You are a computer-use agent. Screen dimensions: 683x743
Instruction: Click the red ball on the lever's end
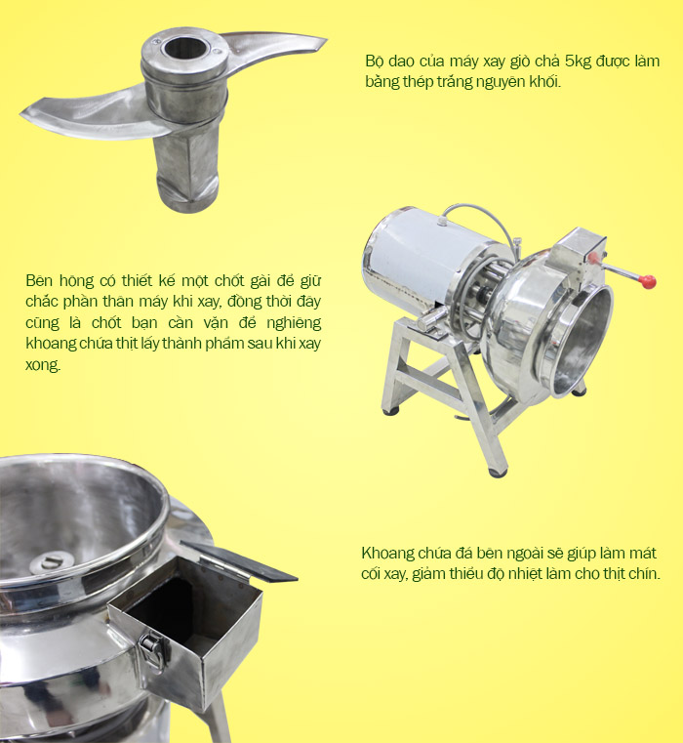click(x=648, y=281)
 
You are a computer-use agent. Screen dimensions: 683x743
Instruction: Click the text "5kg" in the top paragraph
click(x=578, y=62)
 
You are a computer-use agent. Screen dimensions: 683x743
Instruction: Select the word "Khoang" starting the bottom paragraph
click(x=388, y=553)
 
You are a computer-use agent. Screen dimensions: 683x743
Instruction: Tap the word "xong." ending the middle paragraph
click(x=43, y=364)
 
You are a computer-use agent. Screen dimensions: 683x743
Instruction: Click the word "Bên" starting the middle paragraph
click(x=39, y=280)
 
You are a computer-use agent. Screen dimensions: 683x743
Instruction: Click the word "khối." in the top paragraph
click(x=545, y=81)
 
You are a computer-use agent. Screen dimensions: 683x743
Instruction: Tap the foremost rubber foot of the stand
click(x=498, y=473)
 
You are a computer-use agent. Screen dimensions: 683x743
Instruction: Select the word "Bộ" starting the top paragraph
click(x=374, y=62)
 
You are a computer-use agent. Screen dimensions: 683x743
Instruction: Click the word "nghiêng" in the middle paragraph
click(x=294, y=323)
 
